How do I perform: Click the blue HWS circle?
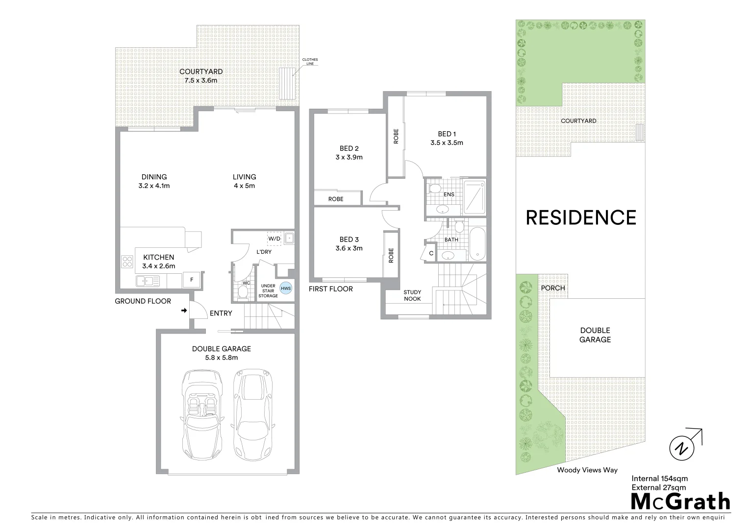pos(285,289)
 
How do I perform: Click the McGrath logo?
pos(680,502)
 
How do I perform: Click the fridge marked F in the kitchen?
pos(192,280)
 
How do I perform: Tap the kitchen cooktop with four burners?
pos(127,262)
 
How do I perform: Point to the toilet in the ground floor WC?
pos(243,292)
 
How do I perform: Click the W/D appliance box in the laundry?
pos(274,239)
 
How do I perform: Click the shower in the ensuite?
pos(474,197)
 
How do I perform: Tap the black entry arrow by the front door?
pos(183,311)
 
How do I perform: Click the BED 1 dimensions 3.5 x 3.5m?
pos(447,143)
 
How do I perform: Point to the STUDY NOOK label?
pos(412,295)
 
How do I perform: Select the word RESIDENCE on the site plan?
pos(581,217)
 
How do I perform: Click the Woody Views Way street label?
pos(587,470)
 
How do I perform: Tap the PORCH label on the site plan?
pos(553,288)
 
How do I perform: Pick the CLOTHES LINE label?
pos(310,62)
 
